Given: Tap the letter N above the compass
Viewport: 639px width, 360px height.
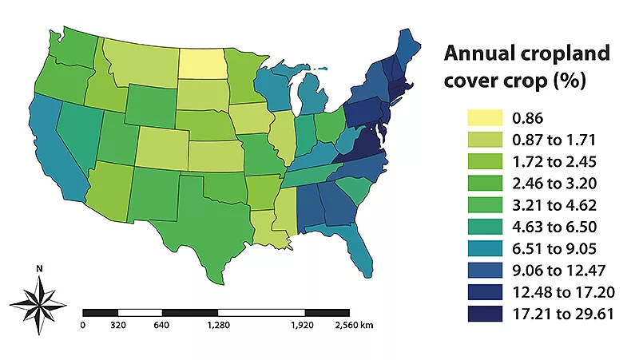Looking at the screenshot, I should coord(38,269).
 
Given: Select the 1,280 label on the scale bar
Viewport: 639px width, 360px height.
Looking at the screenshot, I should coord(216,326).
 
